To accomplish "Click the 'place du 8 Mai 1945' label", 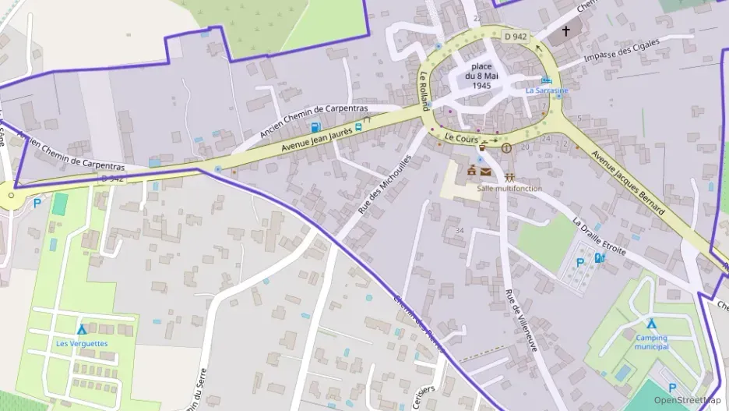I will [x=481, y=76].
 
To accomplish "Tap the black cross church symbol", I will [x=566, y=31].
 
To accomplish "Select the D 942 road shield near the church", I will [x=515, y=36].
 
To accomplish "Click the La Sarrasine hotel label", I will [x=547, y=90].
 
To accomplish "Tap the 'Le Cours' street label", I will [x=460, y=136].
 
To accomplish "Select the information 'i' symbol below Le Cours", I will [x=506, y=147].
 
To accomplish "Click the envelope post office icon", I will [x=486, y=172].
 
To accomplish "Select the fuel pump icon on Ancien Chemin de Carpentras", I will [x=315, y=127].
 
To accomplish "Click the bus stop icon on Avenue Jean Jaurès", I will [x=358, y=126].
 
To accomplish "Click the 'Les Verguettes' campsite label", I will [x=82, y=343].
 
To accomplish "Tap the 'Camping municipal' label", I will [x=651, y=342].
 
